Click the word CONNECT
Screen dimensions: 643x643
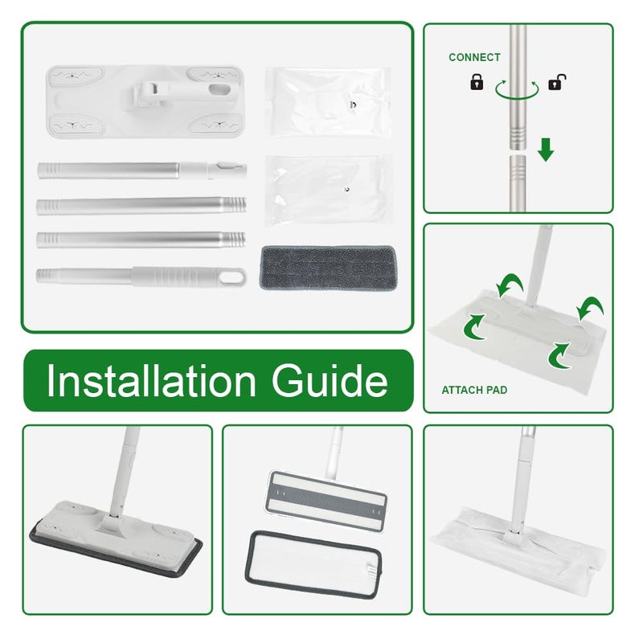coord(474,57)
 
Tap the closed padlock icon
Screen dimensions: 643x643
coord(476,82)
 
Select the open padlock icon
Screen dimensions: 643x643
coord(557,82)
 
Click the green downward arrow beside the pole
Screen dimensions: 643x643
coord(546,149)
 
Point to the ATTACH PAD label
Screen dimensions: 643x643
coord(474,390)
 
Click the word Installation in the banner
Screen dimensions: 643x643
coord(151,380)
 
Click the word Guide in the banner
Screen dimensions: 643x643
coord(330,381)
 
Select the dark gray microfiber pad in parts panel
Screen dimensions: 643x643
coord(328,268)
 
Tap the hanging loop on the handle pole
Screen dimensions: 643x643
coord(231,276)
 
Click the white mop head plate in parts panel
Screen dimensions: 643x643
coord(145,102)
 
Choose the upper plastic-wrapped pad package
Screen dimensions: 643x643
coord(328,102)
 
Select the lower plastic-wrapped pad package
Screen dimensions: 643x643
coord(327,190)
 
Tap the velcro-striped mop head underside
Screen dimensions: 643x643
coord(326,502)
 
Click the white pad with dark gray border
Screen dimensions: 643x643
coord(313,565)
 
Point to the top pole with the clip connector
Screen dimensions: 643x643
coord(142,170)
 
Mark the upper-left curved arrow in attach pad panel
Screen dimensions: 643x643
coord(510,285)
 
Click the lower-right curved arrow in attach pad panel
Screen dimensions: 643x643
coord(559,355)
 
